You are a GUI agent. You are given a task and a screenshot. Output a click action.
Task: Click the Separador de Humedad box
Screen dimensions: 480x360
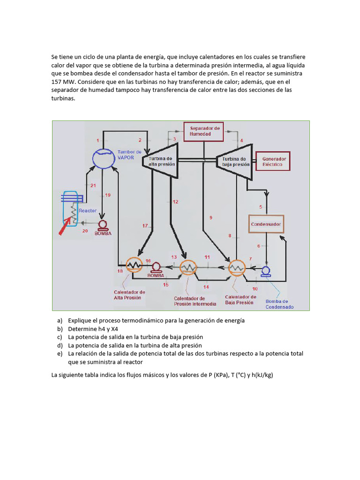pyautogui.click(x=204, y=131)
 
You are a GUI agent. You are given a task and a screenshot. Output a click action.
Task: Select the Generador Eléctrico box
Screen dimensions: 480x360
pyautogui.click(x=274, y=162)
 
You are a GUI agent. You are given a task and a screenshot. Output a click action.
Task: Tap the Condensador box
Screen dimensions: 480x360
pyautogui.click(x=266, y=225)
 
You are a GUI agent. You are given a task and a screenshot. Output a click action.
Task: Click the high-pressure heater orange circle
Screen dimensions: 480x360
pyautogui.click(x=134, y=265)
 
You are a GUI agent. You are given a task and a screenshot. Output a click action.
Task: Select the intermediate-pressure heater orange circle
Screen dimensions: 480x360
pyautogui.click(x=189, y=268)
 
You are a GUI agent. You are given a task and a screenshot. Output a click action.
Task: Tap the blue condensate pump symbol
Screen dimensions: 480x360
pyautogui.click(x=266, y=271)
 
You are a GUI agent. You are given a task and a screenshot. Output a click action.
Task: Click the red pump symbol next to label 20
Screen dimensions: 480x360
pyautogui.click(x=103, y=225)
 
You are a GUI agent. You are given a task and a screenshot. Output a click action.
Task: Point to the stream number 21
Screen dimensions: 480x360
pyautogui.click(x=93, y=186)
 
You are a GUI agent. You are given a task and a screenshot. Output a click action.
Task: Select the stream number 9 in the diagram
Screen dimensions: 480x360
pyautogui.click(x=210, y=217)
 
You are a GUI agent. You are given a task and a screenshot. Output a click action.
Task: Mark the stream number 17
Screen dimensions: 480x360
pyautogui.click(x=145, y=226)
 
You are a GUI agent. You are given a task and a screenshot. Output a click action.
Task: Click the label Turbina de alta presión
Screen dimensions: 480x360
pyautogui.click(x=162, y=162)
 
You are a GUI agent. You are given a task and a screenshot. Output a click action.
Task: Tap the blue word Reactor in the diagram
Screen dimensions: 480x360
pyautogui.click(x=88, y=211)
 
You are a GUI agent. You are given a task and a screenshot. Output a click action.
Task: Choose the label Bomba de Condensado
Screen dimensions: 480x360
pyautogui.click(x=279, y=304)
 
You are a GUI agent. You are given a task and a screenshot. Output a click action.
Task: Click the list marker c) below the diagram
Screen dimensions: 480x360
pyautogui.click(x=60, y=337)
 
